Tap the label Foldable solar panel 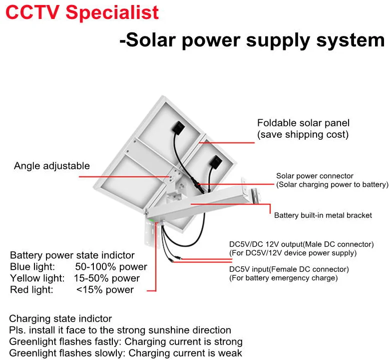(x=303, y=123)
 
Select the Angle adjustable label (x=52, y=166)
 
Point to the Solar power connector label (x=315, y=176)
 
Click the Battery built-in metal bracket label (x=323, y=216)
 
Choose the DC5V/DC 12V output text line (x=301, y=244)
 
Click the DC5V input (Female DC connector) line (x=289, y=269)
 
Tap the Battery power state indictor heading (x=72, y=255)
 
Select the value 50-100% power (x=111, y=267)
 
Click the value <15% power (x=105, y=290)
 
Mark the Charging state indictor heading (x=60, y=319)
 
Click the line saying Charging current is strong (x=183, y=342)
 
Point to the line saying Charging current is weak (x=183, y=353)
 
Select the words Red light (x=31, y=290)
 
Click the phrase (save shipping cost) (x=303, y=135)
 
